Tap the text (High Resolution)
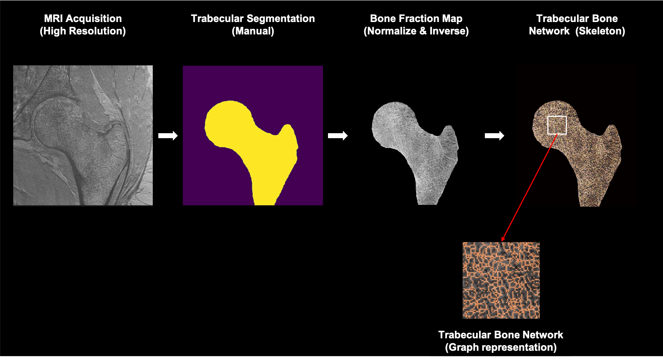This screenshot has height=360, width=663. point(83,31)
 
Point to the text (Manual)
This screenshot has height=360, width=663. point(253,31)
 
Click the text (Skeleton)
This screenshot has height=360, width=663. point(600,31)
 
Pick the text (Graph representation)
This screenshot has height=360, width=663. point(500,347)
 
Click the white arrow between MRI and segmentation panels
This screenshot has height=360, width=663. point(168,136)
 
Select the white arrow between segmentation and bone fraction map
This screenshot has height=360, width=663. point(338,136)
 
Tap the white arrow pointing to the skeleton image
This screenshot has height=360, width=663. point(494,136)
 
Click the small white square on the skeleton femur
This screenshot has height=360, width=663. point(557,125)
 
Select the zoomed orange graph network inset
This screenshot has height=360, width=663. point(501,280)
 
